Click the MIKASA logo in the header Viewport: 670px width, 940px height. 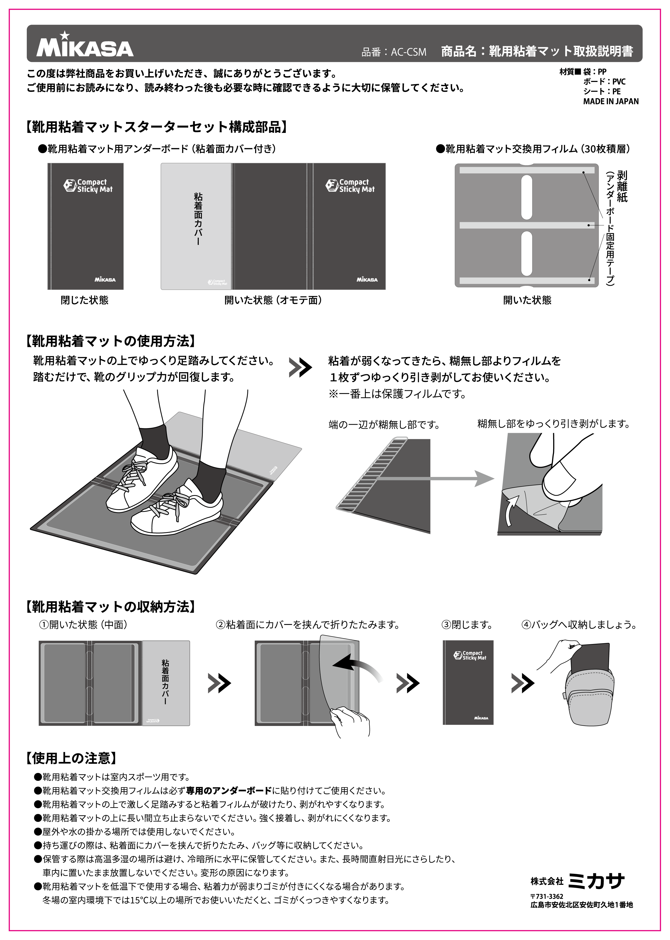(85, 46)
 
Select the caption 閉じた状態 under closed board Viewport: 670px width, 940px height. (85, 300)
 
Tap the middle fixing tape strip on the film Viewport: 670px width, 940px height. (526, 225)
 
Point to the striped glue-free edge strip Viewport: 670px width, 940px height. (371, 475)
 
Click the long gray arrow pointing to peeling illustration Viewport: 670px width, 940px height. (437, 479)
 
